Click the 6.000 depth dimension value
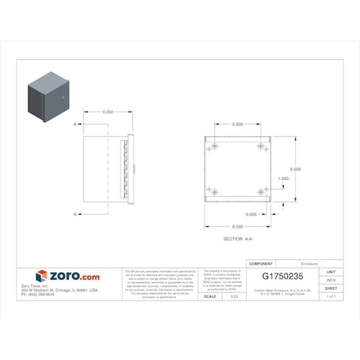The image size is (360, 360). [108, 112]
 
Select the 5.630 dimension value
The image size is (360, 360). [237, 124]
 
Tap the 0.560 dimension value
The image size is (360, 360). [251, 214]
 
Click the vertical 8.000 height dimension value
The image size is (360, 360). [295, 169]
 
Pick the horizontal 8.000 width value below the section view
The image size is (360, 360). [237, 226]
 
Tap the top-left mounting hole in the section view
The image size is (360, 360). [214, 146]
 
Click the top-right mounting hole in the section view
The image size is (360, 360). [261, 146]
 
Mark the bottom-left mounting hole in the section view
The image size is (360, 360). [214, 192]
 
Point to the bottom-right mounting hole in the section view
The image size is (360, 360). [261, 192]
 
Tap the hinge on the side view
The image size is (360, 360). [127, 169]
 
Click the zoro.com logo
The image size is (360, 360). [68, 276]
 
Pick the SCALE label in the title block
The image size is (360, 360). [209, 296]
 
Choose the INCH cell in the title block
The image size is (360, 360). [331, 280]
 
